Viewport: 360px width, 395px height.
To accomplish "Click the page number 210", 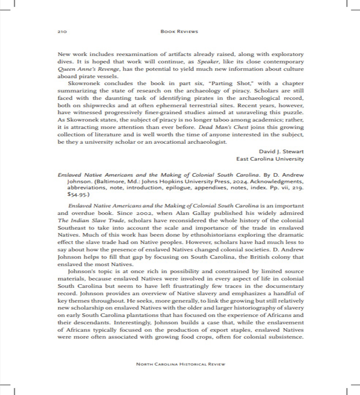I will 62,32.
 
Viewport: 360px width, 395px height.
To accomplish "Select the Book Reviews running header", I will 179,31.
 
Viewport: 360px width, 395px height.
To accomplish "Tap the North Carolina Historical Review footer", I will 180,364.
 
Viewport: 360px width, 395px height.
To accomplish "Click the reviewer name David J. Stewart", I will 281,151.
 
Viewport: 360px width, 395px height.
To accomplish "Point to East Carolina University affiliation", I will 270,159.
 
